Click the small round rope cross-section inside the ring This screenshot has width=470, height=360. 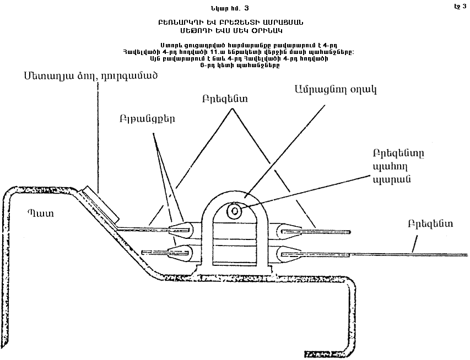235,210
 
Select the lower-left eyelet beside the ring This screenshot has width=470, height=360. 182,253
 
